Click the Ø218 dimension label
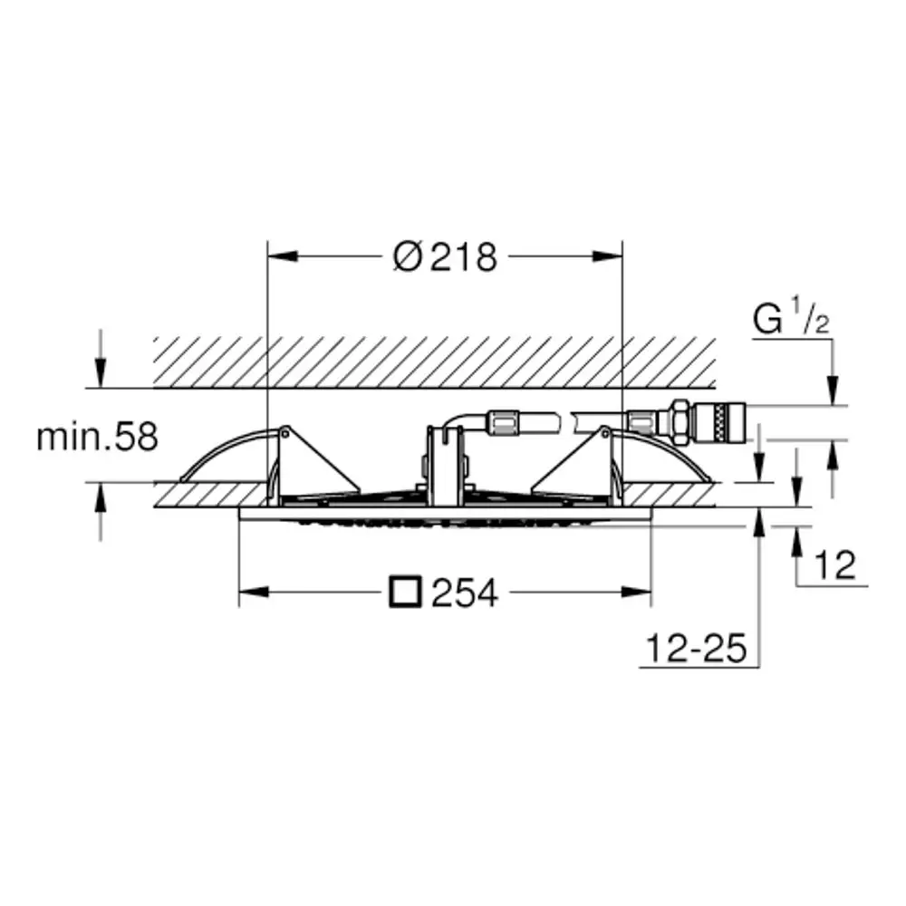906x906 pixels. (x=445, y=257)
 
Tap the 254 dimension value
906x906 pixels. (x=465, y=593)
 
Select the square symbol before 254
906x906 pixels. (x=405, y=592)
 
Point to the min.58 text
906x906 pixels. (x=97, y=437)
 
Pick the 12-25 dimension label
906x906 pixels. (x=696, y=649)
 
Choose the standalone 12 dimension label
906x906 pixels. (x=834, y=564)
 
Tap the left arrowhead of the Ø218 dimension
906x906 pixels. (x=283, y=256)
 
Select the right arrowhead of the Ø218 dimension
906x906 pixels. (x=607, y=256)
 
